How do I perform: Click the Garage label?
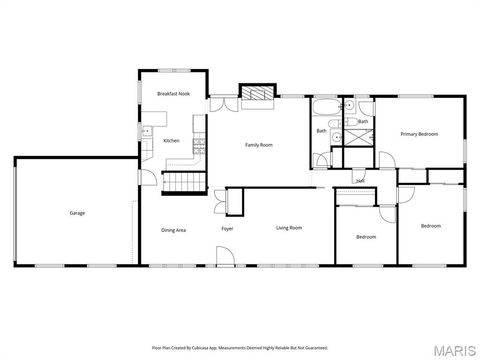coord(77,213)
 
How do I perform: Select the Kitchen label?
coord(172,141)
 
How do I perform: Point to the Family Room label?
coord(259,145)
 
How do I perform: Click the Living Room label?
coord(289,229)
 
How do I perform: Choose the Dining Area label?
coord(174,230)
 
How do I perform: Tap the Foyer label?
coord(228,230)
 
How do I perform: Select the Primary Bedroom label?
coord(420,133)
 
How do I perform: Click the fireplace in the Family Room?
coord(257,93)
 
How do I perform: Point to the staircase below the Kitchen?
coord(182,181)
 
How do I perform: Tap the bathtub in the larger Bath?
coord(326,107)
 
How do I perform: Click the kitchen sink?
coord(146,129)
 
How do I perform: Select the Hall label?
coord(359,181)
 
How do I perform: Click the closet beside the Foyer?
coord(235,201)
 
